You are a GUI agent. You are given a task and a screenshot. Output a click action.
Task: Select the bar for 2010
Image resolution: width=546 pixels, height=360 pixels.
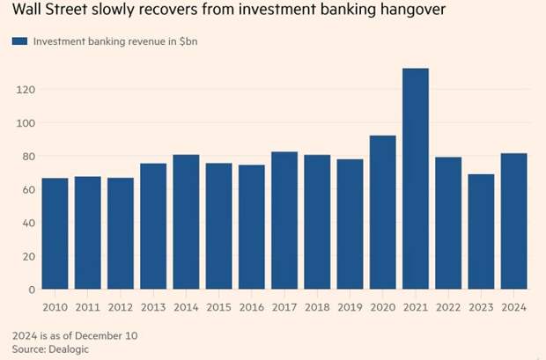55,233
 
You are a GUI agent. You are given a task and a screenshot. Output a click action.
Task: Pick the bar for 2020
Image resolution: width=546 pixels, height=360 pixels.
383,212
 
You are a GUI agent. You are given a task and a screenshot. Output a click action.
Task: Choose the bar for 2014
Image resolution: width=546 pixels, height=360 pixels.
187,222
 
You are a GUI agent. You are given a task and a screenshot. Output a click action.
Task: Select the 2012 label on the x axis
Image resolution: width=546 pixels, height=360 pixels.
121,306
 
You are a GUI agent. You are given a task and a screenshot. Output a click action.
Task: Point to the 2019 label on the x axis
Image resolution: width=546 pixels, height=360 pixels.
350,306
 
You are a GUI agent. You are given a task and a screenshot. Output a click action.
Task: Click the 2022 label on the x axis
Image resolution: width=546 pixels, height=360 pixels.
448,306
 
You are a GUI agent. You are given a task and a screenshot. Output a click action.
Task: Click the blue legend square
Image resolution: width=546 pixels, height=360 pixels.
18,41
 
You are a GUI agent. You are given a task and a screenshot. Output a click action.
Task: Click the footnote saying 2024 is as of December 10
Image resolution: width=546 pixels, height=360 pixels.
75,335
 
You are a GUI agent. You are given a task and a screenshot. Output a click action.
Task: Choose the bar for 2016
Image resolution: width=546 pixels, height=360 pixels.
252,227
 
